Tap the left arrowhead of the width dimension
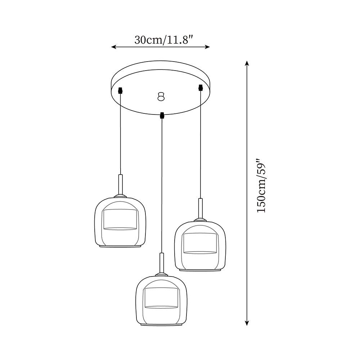click(113, 47)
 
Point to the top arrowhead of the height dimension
click(247, 63)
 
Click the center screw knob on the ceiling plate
click(161, 96)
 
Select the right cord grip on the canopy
click(201, 87)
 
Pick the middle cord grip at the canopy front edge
click(162, 115)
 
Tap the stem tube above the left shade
click(120, 184)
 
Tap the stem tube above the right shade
click(200, 208)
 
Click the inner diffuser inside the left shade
click(120, 219)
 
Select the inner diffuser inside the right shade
click(200, 243)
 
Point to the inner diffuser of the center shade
click(161, 298)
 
